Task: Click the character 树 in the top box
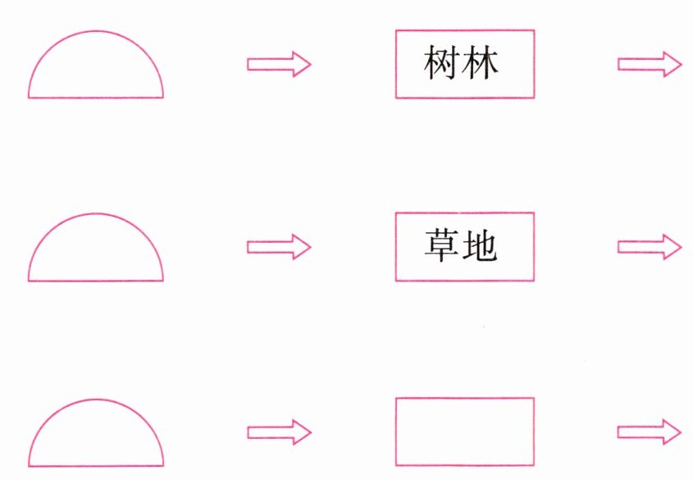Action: pos(444,64)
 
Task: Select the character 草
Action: pos(444,247)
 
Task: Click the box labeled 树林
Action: pos(465,90)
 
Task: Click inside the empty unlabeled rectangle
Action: pos(465,432)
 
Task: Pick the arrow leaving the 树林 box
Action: pos(649,64)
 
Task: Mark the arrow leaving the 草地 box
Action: pos(649,246)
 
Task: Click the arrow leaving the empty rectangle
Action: pos(649,432)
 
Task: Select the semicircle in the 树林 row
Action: pos(96,70)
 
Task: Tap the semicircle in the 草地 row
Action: pos(96,253)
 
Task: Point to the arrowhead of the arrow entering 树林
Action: pos(302,64)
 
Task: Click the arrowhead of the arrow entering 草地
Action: pos(302,246)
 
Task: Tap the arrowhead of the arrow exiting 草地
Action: pos(672,246)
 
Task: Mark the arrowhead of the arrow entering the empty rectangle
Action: pos(302,432)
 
